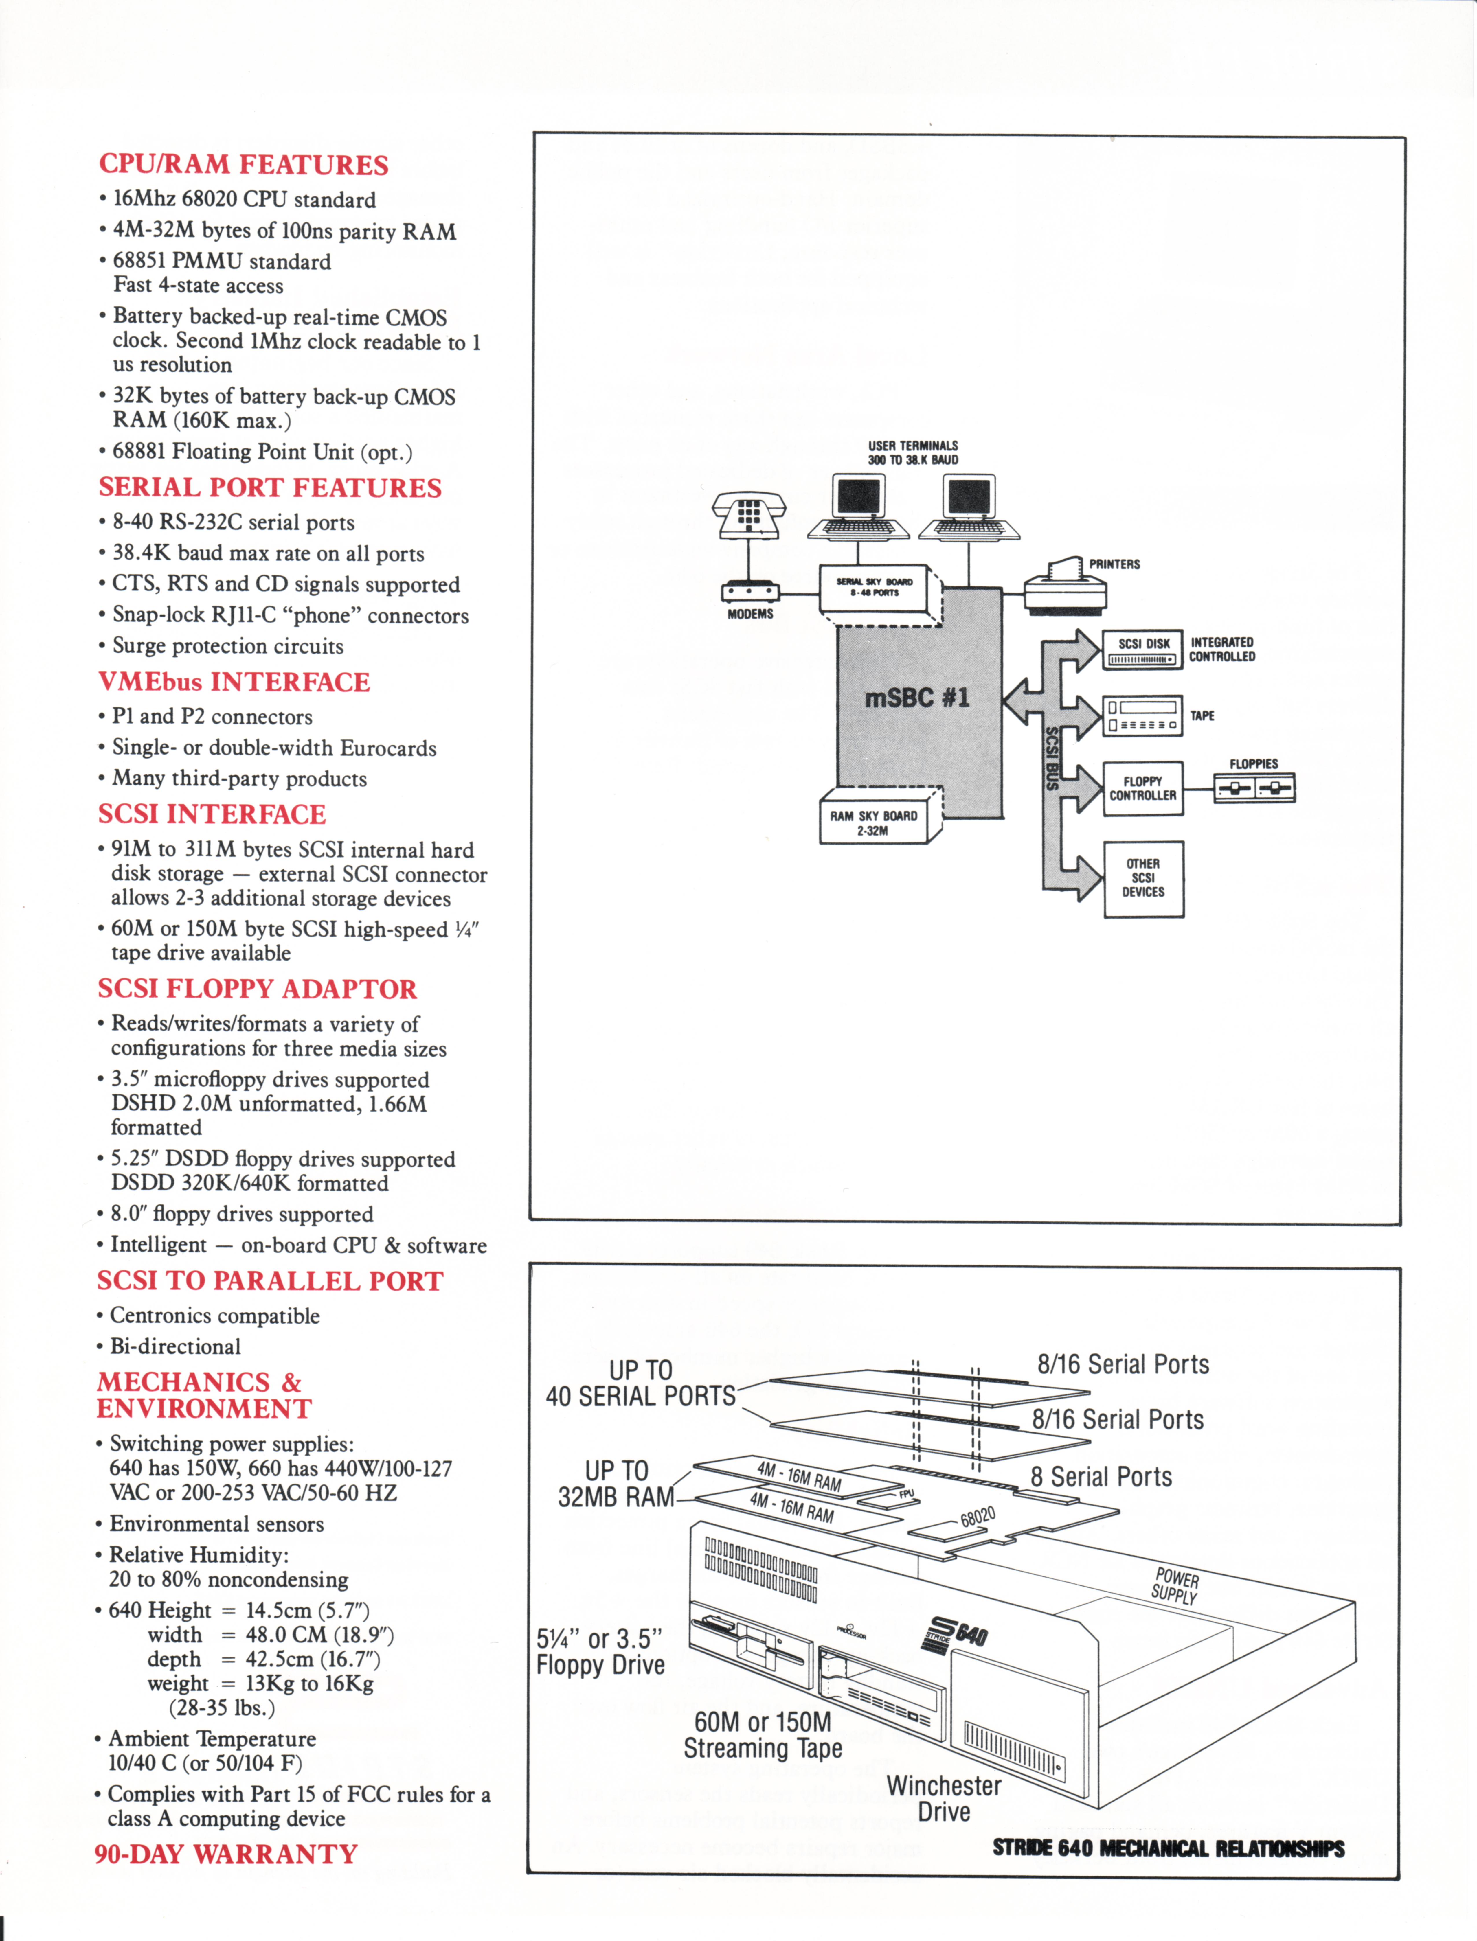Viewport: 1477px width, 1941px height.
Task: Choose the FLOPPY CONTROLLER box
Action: pos(1143,789)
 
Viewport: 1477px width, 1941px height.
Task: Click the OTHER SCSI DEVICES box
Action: pos(1143,878)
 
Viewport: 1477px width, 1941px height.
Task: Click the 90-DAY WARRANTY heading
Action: pos(226,1854)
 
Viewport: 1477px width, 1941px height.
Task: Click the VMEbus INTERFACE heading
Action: pos(234,682)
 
